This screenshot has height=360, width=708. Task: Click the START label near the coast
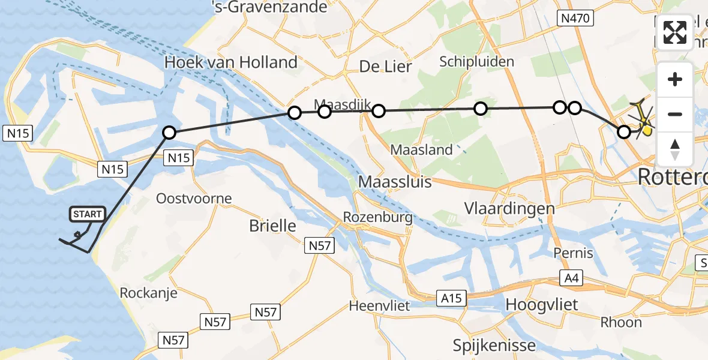(x=88, y=214)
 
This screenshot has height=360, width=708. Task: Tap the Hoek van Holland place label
(x=231, y=62)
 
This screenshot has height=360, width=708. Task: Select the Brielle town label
(x=273, y=226)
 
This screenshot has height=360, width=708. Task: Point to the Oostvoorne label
(x=194, y=199)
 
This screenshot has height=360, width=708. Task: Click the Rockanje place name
(x=149, y=293)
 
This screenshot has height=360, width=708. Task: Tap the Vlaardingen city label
(x=509, y=209)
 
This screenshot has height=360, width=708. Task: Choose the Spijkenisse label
(x=494, y=345)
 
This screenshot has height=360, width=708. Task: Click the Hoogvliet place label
(x=542, y=304)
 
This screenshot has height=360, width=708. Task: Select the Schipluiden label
(x=477, y=62)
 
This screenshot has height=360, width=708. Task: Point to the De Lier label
(x=386, y=67)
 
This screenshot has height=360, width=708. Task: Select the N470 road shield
(x=577, y=19)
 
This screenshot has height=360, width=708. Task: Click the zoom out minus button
(x=675, y=114)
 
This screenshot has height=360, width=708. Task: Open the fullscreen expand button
(x=675, y=32)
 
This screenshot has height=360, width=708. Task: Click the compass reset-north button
(x=675, y=149)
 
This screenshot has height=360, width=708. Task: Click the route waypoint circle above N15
(x=169, y=133)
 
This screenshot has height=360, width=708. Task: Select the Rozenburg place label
(x=378, y=217)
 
